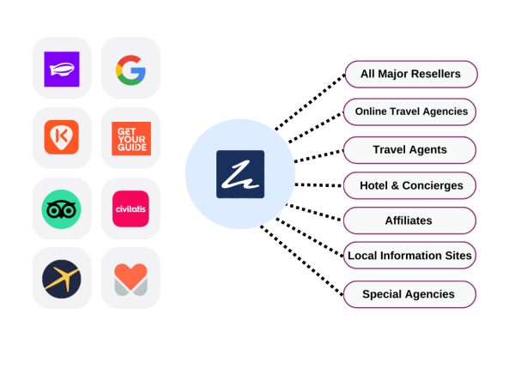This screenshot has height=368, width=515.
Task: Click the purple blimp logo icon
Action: pos(62,68)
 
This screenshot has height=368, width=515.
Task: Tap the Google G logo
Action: pos(130,68)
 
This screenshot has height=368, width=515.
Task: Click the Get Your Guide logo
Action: pos(130,137)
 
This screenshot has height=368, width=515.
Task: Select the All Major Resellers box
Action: pos(410,74)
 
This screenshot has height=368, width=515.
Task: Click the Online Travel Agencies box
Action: pos(410,112)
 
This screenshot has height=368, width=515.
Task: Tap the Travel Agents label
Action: pos(409,149)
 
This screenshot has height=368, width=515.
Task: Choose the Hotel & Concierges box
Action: pos(409,185)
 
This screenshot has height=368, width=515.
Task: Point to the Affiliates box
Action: pos(409,220)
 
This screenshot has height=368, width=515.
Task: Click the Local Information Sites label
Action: pos(409,256)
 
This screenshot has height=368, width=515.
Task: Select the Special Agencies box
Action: pos(409,294)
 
